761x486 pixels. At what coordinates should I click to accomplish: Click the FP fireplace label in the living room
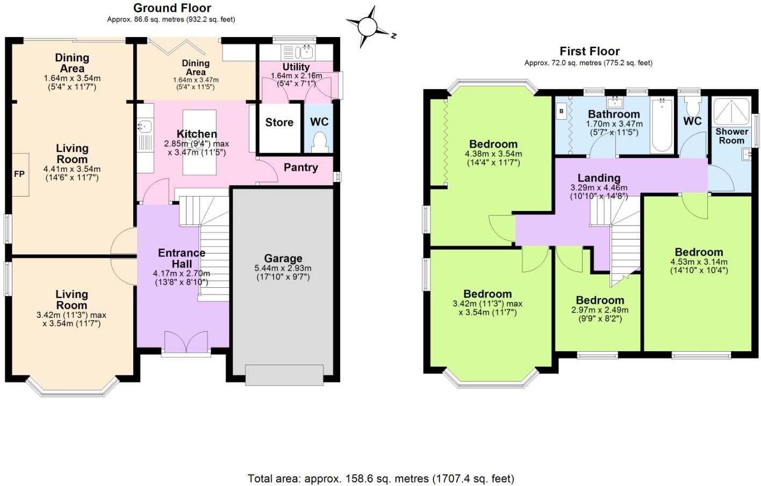click(19, 174)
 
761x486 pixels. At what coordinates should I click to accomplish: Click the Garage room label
click(283, 258)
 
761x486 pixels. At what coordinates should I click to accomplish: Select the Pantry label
click(300, 168)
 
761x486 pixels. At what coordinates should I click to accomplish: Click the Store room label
click(279, 122)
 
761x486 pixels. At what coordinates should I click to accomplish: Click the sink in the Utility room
click(306, 52)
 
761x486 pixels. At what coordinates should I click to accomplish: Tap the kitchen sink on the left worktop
click(145, 127)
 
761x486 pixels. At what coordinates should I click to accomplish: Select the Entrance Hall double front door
click(186, 342)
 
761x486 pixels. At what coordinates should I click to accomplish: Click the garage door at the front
click(284, 374)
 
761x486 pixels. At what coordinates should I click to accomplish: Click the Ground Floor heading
click(172, 8)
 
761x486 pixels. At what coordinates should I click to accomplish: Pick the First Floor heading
click(590, 52)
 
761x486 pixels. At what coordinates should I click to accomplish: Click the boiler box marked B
click(562, 112)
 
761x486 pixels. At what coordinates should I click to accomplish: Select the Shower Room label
click(731, 136)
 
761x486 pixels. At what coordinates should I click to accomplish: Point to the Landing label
click(599, 178)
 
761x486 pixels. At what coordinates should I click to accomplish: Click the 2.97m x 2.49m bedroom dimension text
click(599, 314)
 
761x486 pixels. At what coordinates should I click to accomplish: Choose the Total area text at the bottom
click(380, 478)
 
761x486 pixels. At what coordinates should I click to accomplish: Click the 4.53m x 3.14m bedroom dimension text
click(699, 266)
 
